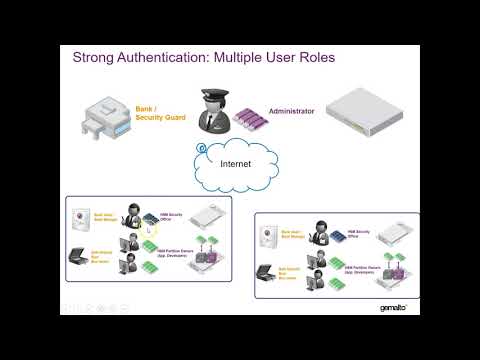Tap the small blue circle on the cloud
203,147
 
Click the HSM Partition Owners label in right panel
361,269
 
